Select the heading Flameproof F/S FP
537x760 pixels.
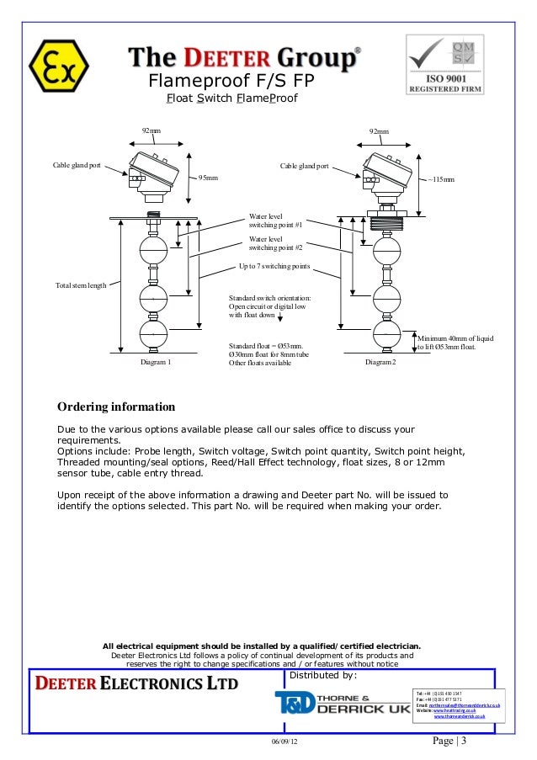[x=231, y=82]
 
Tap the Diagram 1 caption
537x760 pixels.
[x=156, y=363]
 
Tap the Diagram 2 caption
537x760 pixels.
[x=380, y=363]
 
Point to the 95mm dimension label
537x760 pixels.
[x=208, y=178]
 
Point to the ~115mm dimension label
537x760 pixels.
[x=441, y=179]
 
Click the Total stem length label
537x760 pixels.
[x=81, y=286]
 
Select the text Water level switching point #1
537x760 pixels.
[x=275, y=221]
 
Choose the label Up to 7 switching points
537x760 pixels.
[x=274, y=266]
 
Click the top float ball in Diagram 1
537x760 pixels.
[x=153, y=250]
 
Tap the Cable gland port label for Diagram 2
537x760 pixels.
[x=304, y=166]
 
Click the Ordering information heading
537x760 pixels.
[x=116, y=407]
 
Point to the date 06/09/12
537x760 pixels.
[x=284, y=743]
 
